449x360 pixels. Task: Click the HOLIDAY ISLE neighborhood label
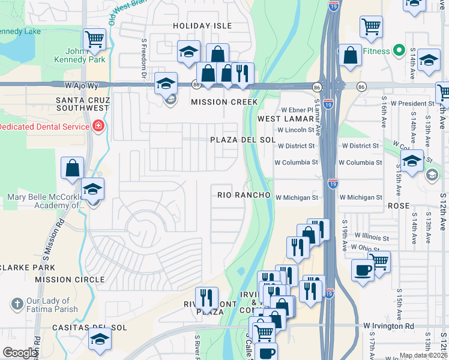tap(202, 26)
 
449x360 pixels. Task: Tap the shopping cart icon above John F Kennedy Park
tap(95, 40)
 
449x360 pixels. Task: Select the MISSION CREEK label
tap(224, 102)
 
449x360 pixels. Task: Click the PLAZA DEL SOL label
tap(243, 140)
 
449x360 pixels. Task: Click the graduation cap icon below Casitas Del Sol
tap(100, 340)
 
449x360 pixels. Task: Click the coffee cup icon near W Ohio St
tap(363, 269)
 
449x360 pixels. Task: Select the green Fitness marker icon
tap(397, 51)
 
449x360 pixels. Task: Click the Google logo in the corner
tap(20, 353)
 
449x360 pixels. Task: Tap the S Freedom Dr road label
tap(144, 59)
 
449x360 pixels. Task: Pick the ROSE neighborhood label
tap(399, 206)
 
